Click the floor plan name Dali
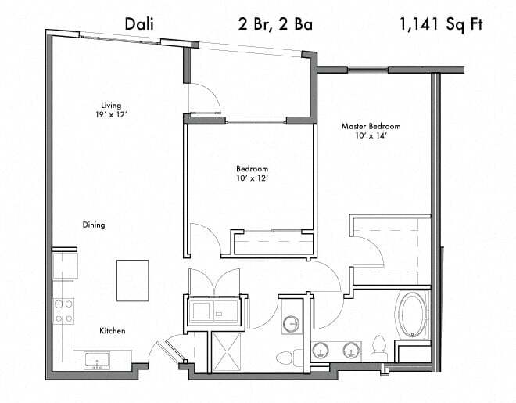click(139, 24)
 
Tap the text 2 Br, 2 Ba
click(275, 24)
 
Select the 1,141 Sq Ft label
click(440, 24)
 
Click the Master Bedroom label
click(371, 126)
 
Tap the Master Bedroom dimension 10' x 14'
click(371, 135)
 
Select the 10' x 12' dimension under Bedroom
click(252, 178)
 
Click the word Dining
click(94, 225)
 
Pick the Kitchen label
click(112, 331)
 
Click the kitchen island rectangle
click(133, 280)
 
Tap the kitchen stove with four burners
click(63, 311)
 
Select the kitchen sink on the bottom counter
click(97, 360)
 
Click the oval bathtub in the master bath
click(412, 315)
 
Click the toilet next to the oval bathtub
click(380, 345)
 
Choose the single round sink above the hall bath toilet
click(291, 322)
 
